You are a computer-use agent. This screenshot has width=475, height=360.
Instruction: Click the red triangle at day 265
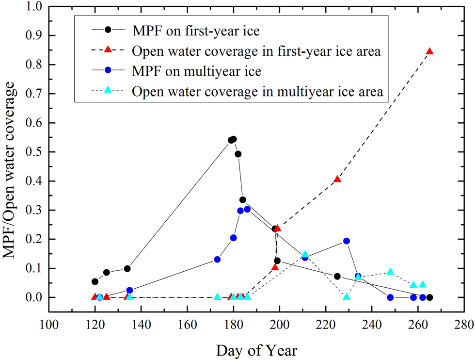(429, 51)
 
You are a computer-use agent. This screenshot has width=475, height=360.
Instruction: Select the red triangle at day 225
(337, 179)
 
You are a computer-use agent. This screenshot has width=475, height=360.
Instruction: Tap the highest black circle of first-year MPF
(234, 139)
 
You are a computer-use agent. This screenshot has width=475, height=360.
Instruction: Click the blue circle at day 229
(347, 241)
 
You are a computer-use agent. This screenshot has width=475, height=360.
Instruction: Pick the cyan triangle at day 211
(305, 254)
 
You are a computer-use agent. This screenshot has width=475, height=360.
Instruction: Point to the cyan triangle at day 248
(391, 272)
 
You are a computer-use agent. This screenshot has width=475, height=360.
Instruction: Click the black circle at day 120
(95, 281)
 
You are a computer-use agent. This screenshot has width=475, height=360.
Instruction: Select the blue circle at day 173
(217, 260)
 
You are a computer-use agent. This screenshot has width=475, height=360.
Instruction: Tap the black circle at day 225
(337, 277)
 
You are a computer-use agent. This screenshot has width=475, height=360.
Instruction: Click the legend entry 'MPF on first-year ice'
(196, 31)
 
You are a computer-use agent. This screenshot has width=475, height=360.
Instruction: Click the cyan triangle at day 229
(347, 296)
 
